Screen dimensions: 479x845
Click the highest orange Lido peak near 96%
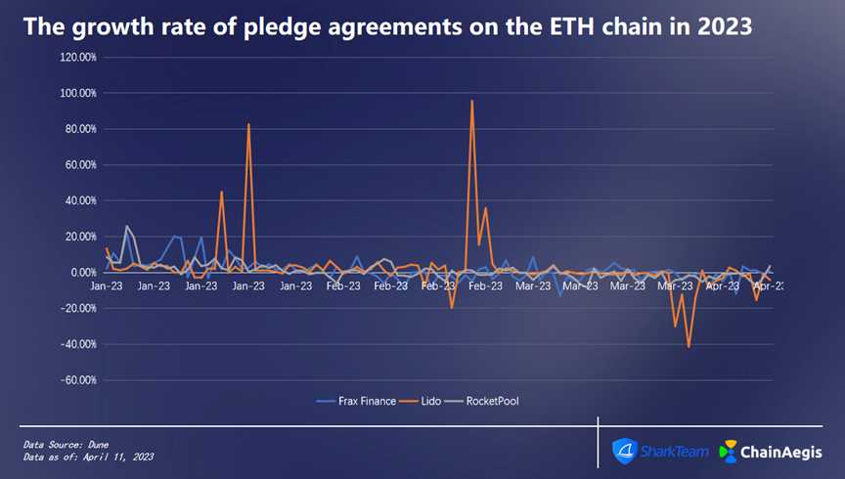(x=472, y=101)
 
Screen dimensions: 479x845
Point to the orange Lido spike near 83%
(x=248, y=124)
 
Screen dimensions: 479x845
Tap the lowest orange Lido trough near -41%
(x=689, y=346)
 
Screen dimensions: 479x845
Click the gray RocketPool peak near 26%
(x=126, y=226)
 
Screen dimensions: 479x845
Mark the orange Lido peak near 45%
(x=222, y=192)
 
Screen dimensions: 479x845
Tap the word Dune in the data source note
(x=96, y=445)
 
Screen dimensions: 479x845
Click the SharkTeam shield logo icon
(x=625, y=451)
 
